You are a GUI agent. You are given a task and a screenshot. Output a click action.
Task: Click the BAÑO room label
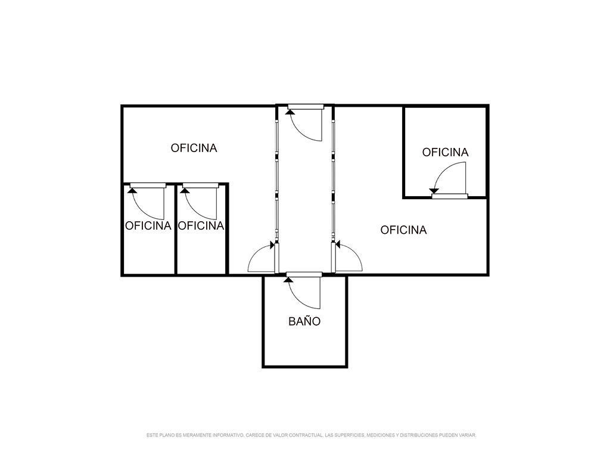coord(304,321)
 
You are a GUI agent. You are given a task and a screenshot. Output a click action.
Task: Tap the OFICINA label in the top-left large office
coord(194,148)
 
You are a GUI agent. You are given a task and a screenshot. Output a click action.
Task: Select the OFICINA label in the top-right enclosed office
coord(446,152)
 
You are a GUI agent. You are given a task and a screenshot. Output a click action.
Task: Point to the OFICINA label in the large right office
coord(403,230)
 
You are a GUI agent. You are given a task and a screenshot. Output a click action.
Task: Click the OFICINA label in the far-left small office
coord(148,226)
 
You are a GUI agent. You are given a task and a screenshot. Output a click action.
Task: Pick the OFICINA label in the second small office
coord(201,226)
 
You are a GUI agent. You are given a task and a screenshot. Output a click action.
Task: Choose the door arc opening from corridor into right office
coord(354,252)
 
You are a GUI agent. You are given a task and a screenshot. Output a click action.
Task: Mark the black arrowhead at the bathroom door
coord(289,279)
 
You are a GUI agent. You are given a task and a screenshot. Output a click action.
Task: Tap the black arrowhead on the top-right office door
coord(434,191)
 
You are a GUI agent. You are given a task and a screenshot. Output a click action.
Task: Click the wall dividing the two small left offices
coord(176,230)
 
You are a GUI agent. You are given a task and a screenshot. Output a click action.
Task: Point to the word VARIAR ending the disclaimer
coord(468,435)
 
